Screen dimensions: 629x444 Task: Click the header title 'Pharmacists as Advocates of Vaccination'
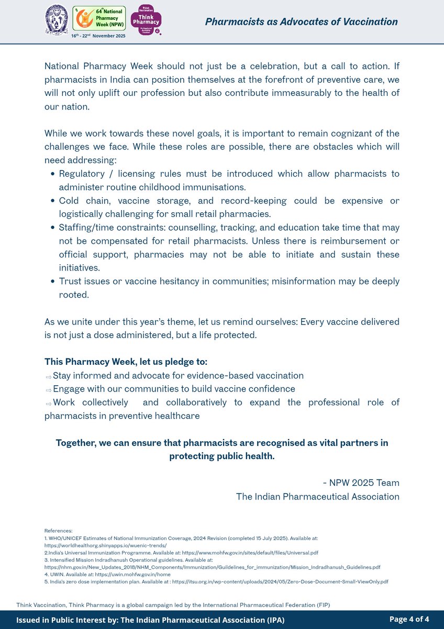tap(301, 22)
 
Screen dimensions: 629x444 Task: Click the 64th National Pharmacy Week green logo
tap(99, 18)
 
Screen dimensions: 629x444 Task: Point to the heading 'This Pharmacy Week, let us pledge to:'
tap(126, 362)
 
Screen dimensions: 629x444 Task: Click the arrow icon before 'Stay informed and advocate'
tap(48, 376)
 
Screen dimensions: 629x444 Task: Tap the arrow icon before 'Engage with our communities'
tap(48, 389)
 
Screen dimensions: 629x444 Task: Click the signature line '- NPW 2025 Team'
tap(361, 483)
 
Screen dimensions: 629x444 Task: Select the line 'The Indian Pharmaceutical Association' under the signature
tap(317, 496)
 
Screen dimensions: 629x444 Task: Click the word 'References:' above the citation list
tap(58, 531)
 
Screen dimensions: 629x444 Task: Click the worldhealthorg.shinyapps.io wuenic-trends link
tap(105, 545)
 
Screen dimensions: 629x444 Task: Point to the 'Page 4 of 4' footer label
tap(409, 620)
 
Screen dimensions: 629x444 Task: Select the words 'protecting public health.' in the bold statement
tap(221, 456)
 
